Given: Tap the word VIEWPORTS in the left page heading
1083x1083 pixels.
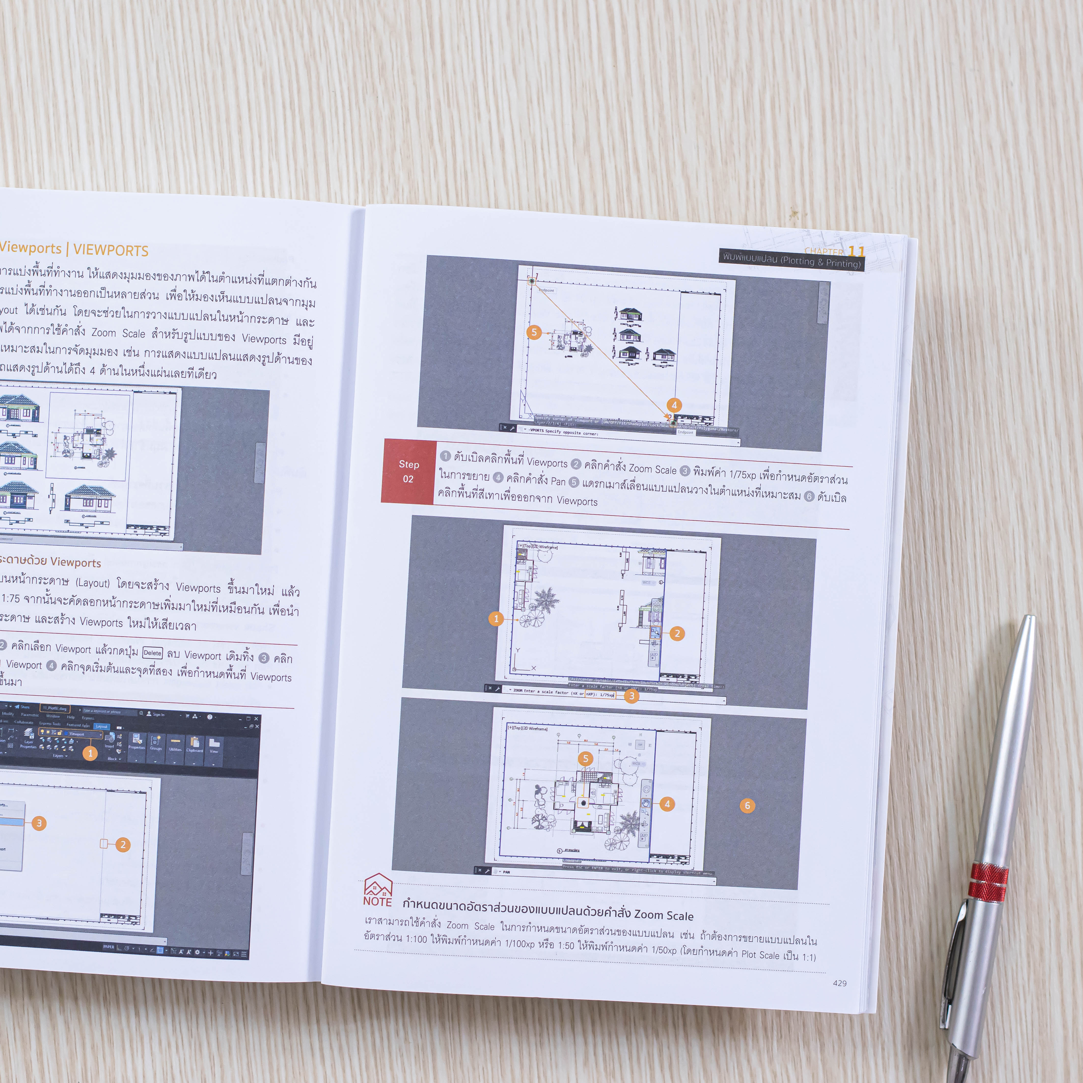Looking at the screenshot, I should point(111,250).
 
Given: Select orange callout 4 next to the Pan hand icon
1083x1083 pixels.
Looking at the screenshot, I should point(667,804).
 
